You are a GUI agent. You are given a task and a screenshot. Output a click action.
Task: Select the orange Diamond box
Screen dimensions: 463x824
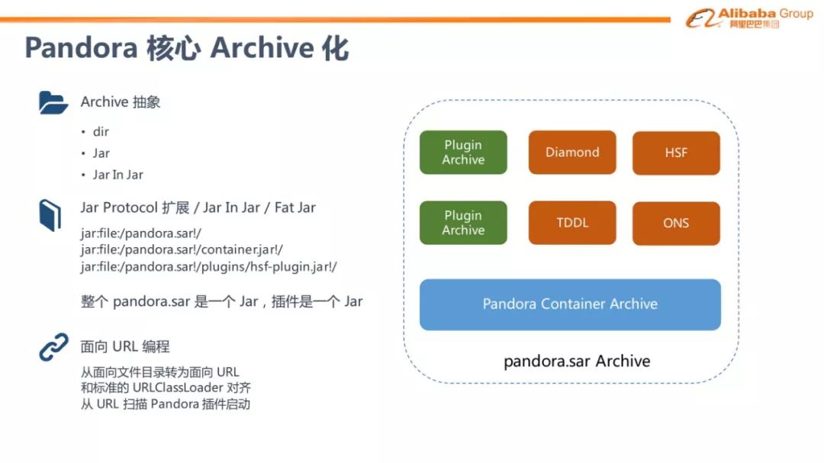pyautogui.click(x=572, y=153)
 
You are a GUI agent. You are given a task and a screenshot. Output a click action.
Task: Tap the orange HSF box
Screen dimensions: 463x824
pyautogui.click(x=676, y=153)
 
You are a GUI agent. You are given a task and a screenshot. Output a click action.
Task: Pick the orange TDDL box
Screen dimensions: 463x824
pyautogui.click(x=572, y=223)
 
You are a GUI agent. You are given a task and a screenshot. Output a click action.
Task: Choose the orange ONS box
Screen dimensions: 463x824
pyautogui.click(x=676, y=223)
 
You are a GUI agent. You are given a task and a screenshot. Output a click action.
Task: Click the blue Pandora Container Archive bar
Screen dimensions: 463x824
pyautogui.click(x=570, y=304)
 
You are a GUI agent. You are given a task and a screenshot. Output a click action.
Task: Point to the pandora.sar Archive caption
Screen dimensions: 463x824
pyautogui.click(x=577, y=361)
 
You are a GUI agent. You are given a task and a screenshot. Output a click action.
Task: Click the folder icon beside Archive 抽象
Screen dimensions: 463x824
pyautogui.click(x=53, y=102)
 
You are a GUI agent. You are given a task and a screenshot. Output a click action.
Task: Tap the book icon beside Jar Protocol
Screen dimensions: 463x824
pyautogui.click(x=50, y=215)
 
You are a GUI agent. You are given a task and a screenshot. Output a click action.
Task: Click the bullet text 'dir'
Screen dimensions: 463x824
pyautogui.click(x=101, y=132)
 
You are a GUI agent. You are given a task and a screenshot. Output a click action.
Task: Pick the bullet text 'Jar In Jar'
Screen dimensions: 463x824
pyautogui.click(x=117, y=175)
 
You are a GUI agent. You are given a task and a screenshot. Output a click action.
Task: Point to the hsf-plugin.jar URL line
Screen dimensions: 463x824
pyautogui.click(x=208, y=266)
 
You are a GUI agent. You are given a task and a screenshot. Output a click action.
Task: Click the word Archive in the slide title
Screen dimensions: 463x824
pyautogui.click(x=262, y=47)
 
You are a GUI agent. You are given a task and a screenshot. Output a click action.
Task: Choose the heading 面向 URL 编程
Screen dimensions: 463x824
pyautogui.click(x=125, y=346)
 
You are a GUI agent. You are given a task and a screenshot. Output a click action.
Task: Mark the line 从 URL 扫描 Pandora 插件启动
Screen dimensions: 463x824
pyautogui.click(x=166, y=404)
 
